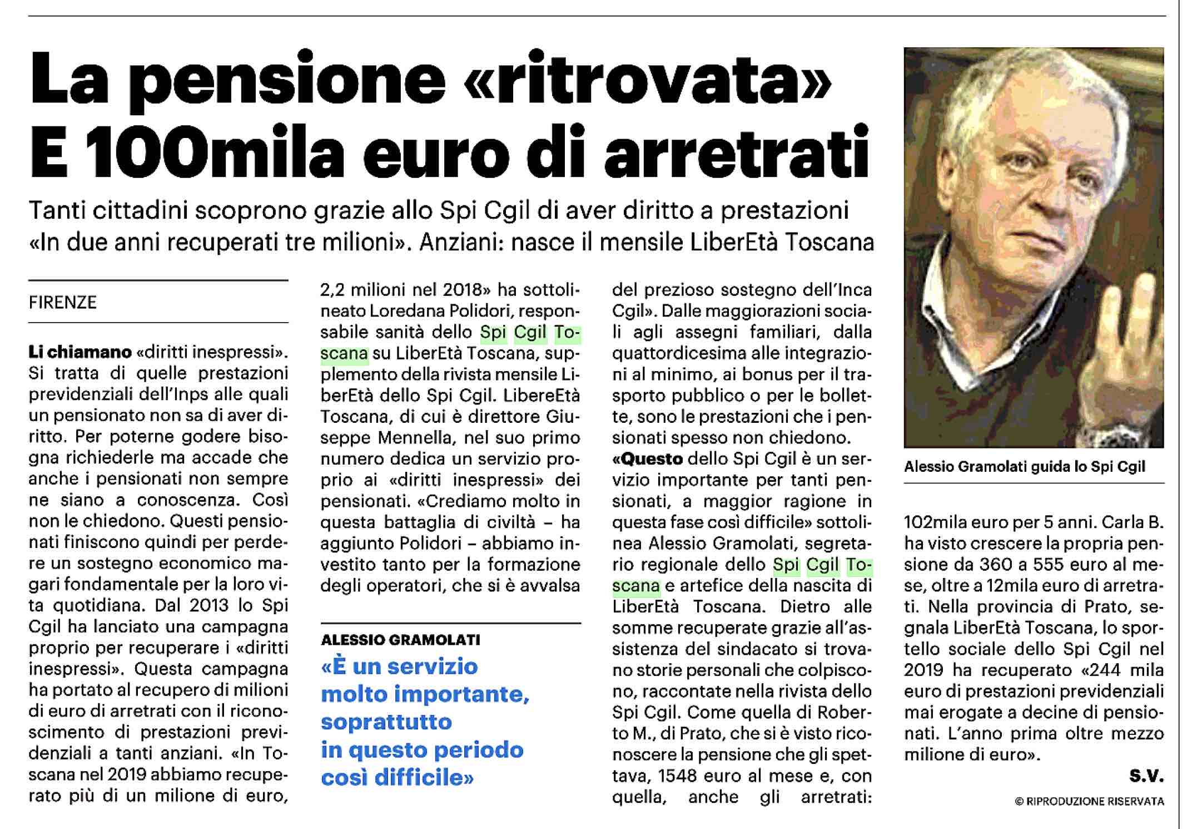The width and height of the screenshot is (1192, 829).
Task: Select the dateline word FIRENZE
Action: [63, 302]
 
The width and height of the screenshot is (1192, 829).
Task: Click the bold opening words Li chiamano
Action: [80, 352]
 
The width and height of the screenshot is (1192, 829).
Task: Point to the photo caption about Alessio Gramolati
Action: [1025, 466]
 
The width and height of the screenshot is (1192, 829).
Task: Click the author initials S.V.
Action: [1146, 776]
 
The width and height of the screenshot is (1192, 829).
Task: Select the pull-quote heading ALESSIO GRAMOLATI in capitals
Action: [400, 640]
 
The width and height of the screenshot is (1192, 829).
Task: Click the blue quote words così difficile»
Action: [397, 777]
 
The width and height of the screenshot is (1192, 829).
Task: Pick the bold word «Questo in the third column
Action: [647, 459]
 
